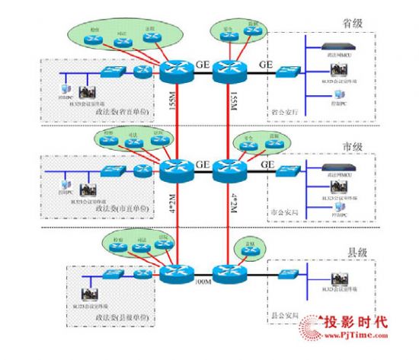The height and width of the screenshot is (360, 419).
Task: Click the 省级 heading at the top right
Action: pos(375,24)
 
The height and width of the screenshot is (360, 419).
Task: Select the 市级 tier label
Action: pos(373,146)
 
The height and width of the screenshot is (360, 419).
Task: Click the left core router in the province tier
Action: pos(175,72)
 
